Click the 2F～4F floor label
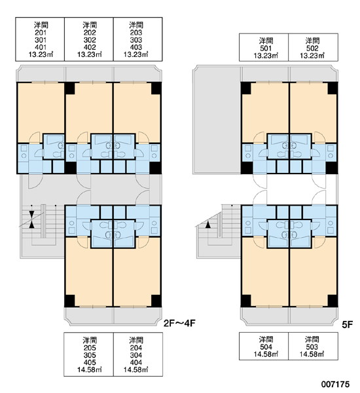[x=179, y=324]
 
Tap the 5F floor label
[x=348, y=325]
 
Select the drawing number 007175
[x=335, y=384]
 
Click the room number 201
[x=41, y=33]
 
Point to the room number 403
[x=136, y=47]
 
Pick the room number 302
[x=90, y=40]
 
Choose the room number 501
[x=266, y=48]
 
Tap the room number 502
[x=312, y=48]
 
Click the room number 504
[x=266, y=347]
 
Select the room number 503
[x=312, y=347]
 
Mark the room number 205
[x=90, y=348]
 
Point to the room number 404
[x=136, y=362]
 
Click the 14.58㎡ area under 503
[x=312, y=354]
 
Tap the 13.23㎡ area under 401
[x=41, y=54]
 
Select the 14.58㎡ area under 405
[x=90, y=369]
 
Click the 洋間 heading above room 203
[x=136, y=25]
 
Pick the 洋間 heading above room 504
[x=266, y=339]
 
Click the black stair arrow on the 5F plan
[x=207, y=225]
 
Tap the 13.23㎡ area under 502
[x=312, y=56]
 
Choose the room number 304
[x=136, y=355]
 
